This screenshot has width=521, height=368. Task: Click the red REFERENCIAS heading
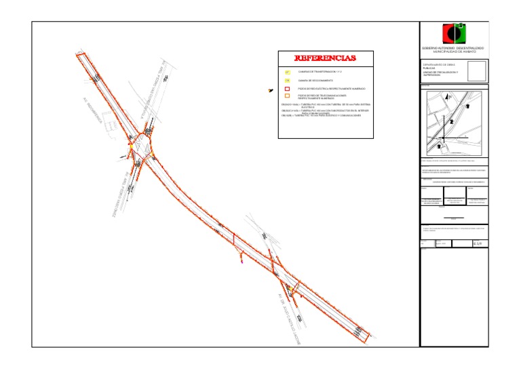326,58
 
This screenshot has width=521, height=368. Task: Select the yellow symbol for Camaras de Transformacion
288,71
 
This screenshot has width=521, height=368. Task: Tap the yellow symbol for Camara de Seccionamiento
288,80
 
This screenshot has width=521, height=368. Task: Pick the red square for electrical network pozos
288,89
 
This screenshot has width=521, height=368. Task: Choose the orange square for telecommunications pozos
288,96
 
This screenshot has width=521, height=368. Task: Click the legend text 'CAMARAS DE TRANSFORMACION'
319,71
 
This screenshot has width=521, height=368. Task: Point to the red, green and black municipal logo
454,33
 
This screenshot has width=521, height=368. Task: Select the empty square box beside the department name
477,71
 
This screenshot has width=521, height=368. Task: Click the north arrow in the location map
448,97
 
